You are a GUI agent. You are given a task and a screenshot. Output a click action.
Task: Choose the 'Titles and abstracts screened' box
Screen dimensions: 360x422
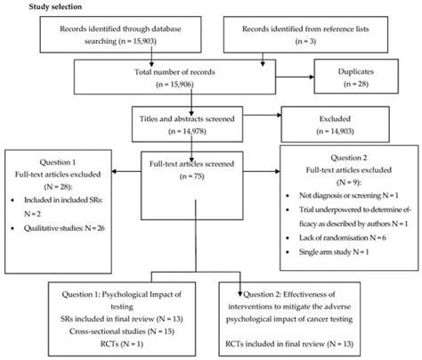pyautogui.click(x=185, y=123)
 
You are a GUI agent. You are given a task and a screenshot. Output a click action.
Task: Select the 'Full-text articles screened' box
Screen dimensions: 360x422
pyautogui.click(x=185, y=168)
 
